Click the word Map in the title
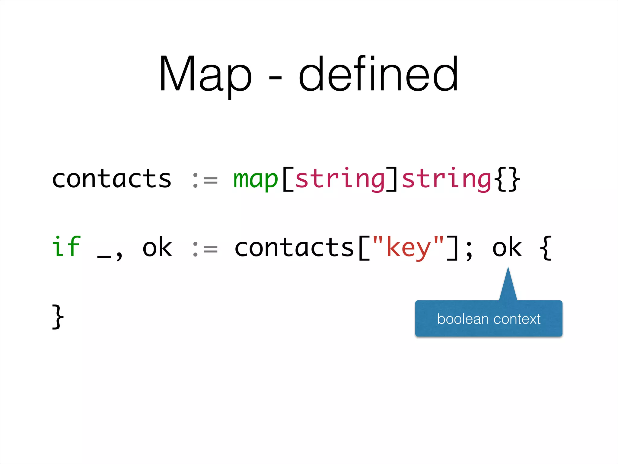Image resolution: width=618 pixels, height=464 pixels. [x=205, y=74]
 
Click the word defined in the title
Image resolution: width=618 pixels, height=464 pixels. [x=378, y=74]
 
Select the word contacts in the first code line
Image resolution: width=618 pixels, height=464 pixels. [x=112, y=179]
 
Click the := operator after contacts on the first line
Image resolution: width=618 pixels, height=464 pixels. [x=205, y=180]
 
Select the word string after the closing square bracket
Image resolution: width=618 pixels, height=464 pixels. [x=447, y=179]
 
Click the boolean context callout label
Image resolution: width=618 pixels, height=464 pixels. [x=489, y=319]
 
